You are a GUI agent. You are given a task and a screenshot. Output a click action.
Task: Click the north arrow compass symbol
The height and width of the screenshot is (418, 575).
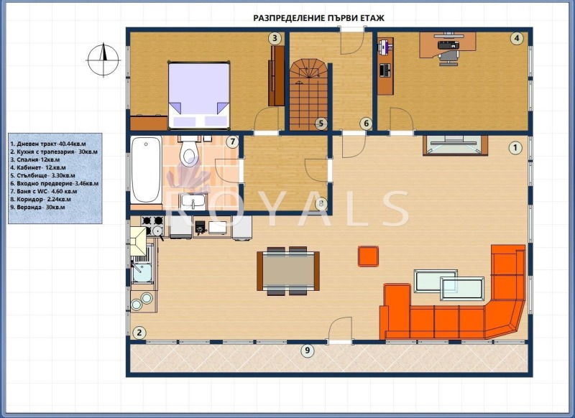tap(103, 60)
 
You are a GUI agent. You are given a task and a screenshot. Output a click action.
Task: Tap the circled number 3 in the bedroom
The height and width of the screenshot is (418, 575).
tap(275, 38)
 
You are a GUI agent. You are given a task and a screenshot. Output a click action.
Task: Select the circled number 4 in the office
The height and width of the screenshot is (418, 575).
tap(517, 39)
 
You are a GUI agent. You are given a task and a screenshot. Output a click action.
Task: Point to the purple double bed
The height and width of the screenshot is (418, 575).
tap(199, 96)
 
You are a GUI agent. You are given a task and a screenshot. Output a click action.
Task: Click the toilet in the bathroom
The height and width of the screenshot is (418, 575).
tap(189, 150)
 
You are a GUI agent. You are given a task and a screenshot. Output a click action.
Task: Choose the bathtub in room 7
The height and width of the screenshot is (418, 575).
tap(147, 169)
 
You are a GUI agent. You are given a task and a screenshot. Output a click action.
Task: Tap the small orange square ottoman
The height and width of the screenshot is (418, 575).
tap(368, 256)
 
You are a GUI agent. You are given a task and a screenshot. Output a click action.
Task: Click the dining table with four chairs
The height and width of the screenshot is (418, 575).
tap(288, 271)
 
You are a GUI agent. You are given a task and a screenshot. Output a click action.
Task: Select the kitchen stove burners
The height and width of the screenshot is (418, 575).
tap(152, 226)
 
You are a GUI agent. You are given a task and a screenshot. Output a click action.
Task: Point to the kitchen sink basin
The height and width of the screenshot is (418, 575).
tap(142, 270)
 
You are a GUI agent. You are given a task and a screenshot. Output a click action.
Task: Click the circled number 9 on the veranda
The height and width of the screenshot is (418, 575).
tap(308, 350)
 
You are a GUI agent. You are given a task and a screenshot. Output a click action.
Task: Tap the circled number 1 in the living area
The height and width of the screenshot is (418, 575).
tap(515, 148)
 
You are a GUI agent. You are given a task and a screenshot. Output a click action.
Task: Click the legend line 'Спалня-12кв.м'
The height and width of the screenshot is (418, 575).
tap(34, 159)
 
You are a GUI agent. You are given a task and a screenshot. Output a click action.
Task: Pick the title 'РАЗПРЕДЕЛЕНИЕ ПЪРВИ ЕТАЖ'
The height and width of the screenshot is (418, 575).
tap(318, 19)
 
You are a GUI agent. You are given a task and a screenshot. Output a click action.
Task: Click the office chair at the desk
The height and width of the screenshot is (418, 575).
tap(448, 58)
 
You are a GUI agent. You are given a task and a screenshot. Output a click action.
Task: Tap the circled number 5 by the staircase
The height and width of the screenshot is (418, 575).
tap(321, 124)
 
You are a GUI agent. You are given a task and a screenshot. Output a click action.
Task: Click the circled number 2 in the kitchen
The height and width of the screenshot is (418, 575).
tap(139, 333)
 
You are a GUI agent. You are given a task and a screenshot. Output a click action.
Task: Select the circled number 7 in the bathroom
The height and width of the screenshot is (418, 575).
tap(232, 141)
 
